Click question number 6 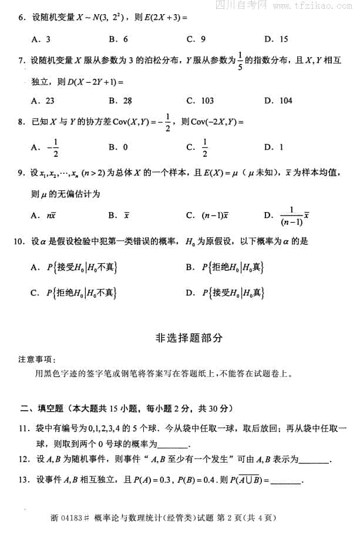(21, 18)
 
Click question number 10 (22, 241)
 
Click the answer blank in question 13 (286, 481)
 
